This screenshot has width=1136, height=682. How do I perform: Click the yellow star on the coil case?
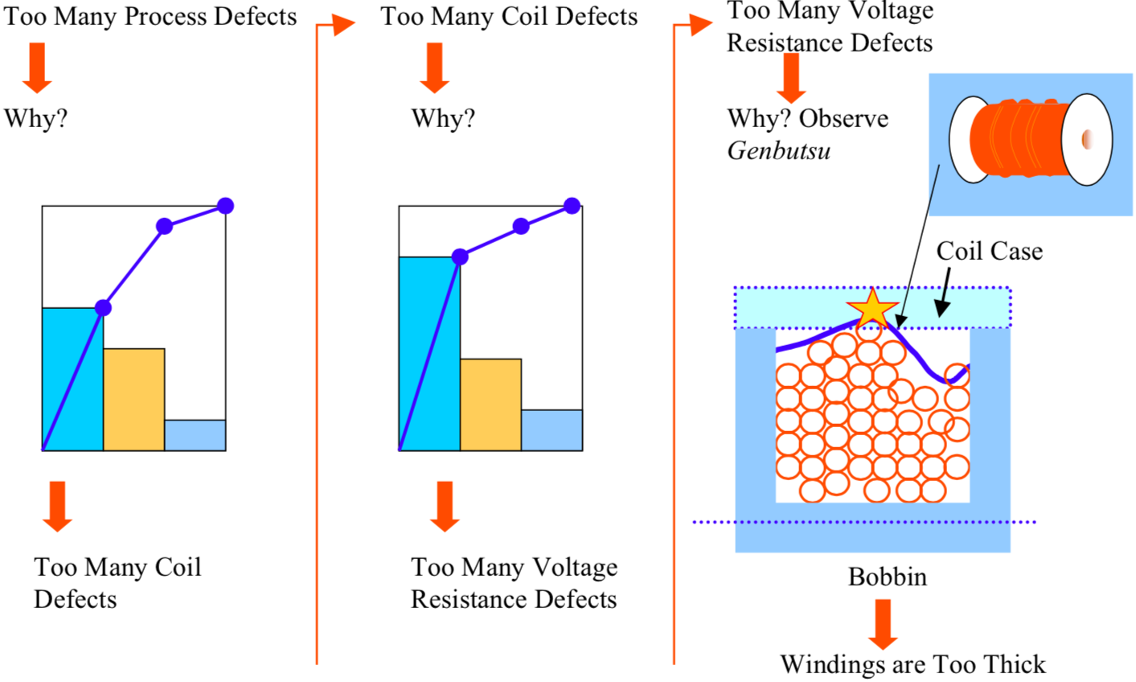872,309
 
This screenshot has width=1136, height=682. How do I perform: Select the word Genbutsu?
779,151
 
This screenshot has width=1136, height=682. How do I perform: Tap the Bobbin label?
887,577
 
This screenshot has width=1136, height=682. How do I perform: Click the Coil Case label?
989,251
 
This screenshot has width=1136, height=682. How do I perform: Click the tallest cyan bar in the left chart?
72,379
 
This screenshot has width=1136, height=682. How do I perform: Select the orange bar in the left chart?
134,400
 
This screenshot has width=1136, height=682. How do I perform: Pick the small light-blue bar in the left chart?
195,435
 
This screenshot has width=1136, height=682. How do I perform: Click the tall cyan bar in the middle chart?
429,354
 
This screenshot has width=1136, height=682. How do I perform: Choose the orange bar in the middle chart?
490,405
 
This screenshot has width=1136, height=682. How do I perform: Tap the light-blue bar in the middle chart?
552,430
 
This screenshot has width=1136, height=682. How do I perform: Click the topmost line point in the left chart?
226,206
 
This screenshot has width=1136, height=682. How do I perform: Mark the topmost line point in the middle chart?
572,206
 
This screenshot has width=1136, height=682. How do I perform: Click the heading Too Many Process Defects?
150,16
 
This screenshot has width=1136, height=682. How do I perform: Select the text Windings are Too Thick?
913,665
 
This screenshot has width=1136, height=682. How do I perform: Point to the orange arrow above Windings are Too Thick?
883,624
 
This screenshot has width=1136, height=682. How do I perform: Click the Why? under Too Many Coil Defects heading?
443,119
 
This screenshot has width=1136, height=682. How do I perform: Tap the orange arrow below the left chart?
57,506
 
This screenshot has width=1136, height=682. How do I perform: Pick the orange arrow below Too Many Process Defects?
37,68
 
